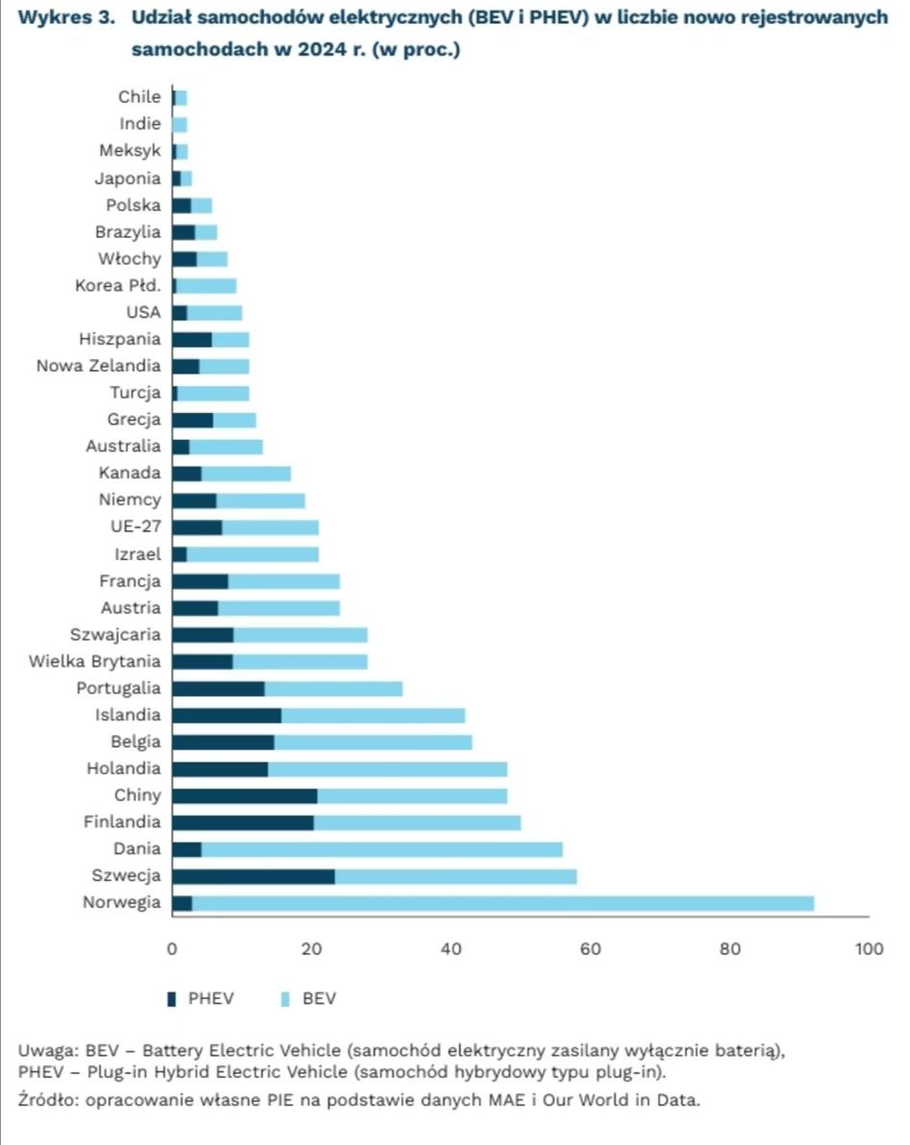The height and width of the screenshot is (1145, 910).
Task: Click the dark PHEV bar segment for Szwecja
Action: pyautogui.click(x=254, y=876)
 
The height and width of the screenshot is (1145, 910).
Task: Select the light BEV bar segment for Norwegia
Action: pyautogui.click(x=503, y=903)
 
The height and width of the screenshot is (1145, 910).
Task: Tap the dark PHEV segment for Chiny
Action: pyautogui.click(x=245, y=796)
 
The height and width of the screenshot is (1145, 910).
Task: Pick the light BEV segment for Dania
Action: pyautogui.click(x=382, y=849)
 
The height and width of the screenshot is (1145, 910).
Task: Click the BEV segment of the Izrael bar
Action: pyautogui.click(x=252, y=554)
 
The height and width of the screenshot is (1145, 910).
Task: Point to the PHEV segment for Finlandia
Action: pyautogui.click(x=243, y=823)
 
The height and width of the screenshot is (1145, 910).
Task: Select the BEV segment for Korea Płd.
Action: pyautogui.click(x=206, y=286)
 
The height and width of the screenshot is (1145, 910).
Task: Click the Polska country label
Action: pyautogui.click(x=132, y=206)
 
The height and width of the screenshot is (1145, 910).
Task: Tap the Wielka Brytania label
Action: pyautogui.click(x=94, y=662)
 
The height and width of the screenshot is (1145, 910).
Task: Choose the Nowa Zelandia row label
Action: pyautogui.click(x=99, y=366)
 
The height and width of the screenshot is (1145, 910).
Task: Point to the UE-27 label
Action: pyautogui.click(x=135, y=526)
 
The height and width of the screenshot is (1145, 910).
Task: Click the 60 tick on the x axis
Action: pyautogui.click(x=590, y=949)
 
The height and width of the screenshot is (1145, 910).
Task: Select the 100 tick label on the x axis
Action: pyautogui.click(x=869, y=949)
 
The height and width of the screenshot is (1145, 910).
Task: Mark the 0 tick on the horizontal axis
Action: pyautogui.click(x=172, y=949)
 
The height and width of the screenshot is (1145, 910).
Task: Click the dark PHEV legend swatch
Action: pyautogui.click(x=172, y=999)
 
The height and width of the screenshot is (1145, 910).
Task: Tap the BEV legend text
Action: pyautogui.click(x=319, y=998)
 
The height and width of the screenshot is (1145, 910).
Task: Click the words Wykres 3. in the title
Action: pyautogui.click(x=66, y=17)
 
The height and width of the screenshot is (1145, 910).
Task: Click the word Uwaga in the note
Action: pyautogui.click(x=47, y=1051)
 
